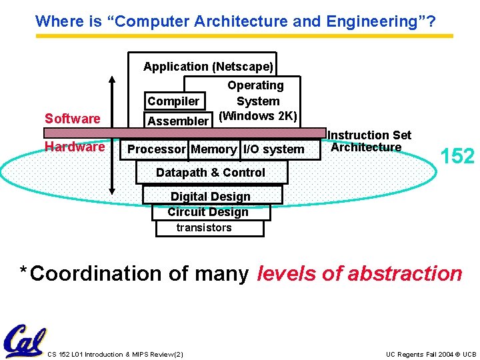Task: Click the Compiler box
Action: (x=173, y=101)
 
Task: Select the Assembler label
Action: (x=178, y=121)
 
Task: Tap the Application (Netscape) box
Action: (x=208, y=67)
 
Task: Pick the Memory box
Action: (x=213, y=149)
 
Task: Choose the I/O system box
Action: (x=273, y=149)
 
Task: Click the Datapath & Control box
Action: (x=211, y=173)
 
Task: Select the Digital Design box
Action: (x=211, y=196)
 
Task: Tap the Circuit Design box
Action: (x=208, y=212)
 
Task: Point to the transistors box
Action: (x=204, y=228)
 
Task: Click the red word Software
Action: (x=72, y=119)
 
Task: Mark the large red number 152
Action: (x=457, y=157)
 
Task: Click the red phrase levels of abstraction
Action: (x=359, y=273)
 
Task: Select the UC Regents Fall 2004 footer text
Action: (x=431, y=354)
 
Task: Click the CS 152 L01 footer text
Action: (x=115, y=354)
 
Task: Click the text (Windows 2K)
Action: (x=258, y=116)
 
